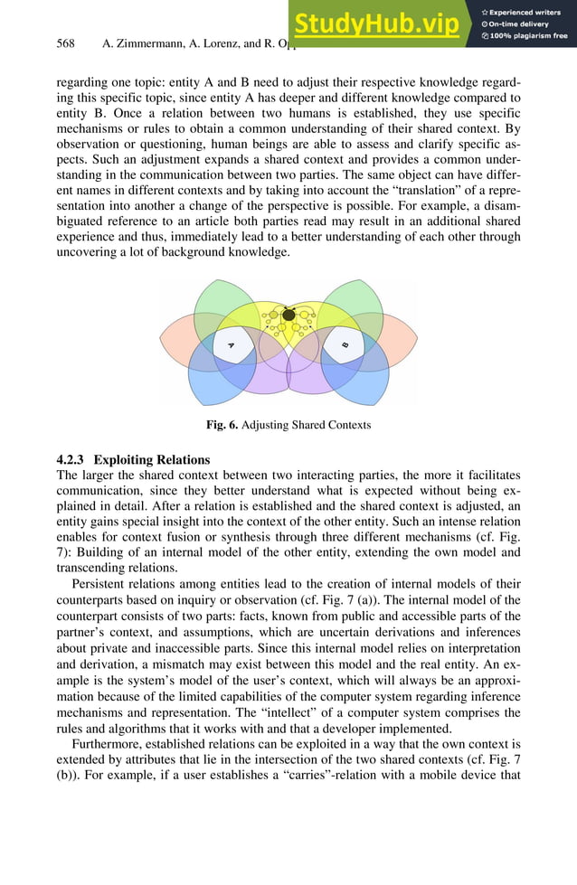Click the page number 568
(x=64, y=42)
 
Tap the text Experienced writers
(x=528, y=11)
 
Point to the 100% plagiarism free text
(x=526, y=36)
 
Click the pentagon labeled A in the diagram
(x=232, y=344)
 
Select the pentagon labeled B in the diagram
(x=345, y=344)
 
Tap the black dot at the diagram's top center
(x=288, y=315)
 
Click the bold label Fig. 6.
(x=222, y=425)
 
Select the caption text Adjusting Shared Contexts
(x=306, y=425)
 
